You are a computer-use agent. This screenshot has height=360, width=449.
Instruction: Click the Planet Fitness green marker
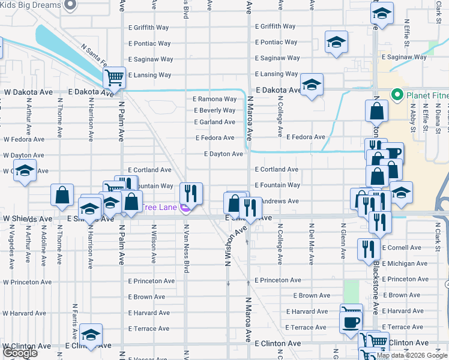[x=396, y=95]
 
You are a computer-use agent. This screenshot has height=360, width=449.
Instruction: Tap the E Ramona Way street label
[x=214, y=99]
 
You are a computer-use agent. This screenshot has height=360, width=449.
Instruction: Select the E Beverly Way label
[x=214, y=110]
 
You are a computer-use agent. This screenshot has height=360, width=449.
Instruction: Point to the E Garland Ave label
[x=214, y=122]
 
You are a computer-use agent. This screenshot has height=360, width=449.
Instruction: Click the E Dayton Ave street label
[x=223, y=154]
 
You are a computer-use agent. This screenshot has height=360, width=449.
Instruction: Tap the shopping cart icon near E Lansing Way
[x=113, y=77]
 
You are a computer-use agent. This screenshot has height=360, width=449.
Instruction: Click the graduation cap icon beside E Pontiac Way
[x=336, y=42]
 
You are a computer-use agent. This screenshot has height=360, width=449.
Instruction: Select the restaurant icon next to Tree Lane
[x=191, y=193]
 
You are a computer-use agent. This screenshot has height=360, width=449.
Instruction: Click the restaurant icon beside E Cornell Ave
[x=369, y=249]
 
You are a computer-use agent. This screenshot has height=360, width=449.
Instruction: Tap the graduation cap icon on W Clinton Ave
[x=91, y=334]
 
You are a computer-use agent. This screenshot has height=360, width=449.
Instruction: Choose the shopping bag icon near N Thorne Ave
[x=62, y=195]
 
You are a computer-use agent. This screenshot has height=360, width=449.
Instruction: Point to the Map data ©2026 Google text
[x=412, y=355]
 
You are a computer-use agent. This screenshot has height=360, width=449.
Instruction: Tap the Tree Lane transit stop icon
[x=185, y=208]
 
